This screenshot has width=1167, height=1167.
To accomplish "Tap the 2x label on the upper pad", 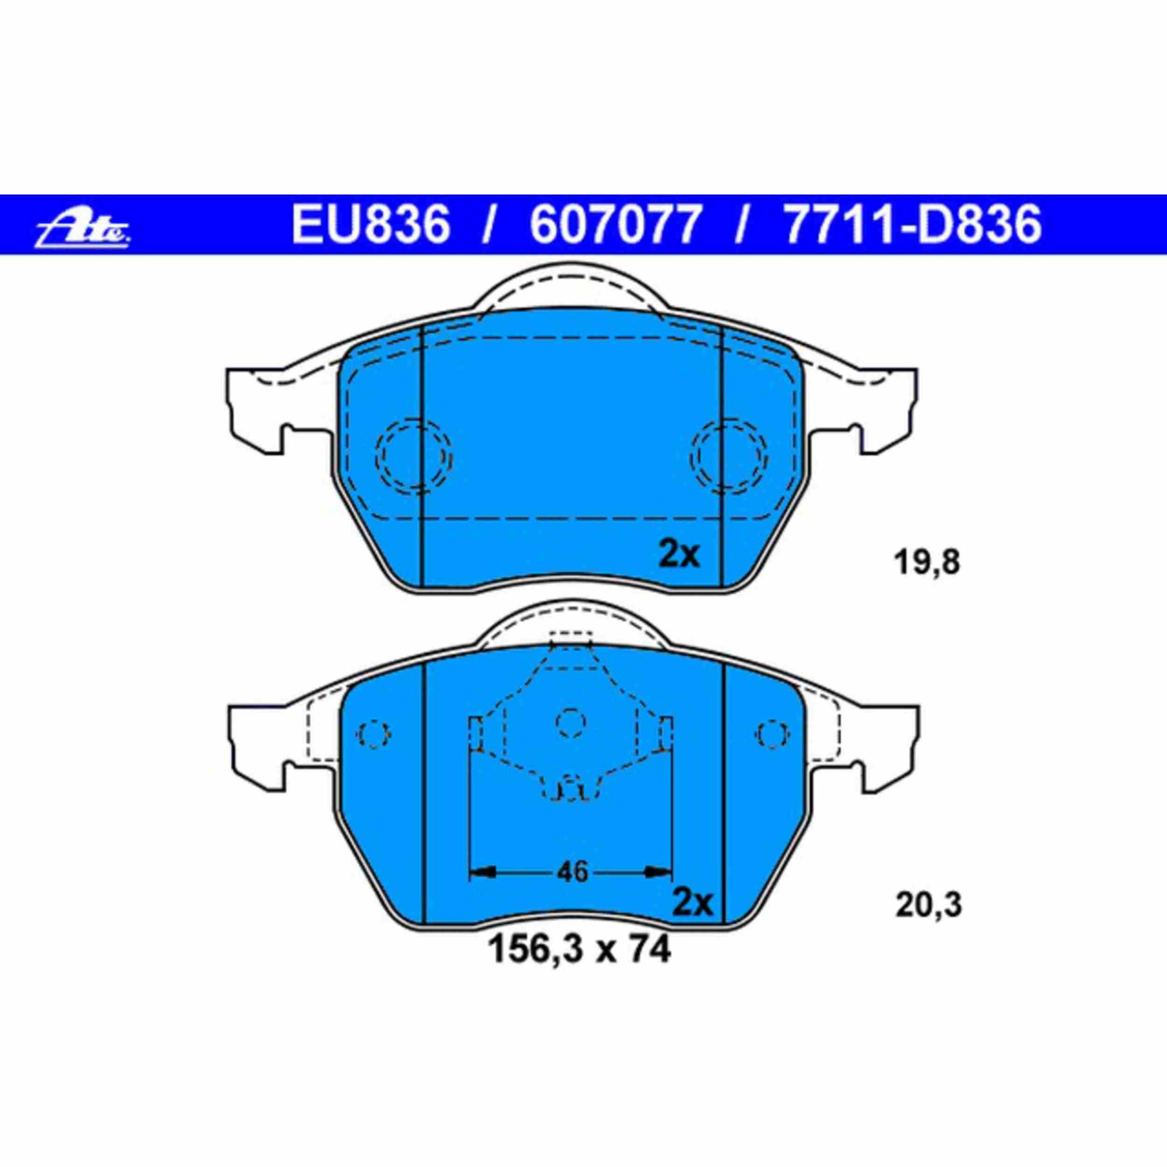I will (679, 555).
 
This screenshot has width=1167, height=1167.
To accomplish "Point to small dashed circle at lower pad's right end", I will (774, 734).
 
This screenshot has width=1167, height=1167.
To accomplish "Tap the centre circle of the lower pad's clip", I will (571, 722).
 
